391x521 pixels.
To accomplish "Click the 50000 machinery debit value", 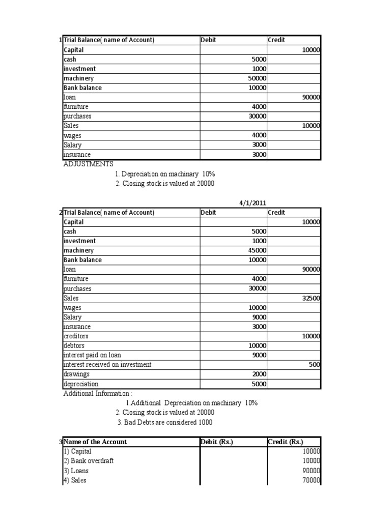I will click(x=257, y=78).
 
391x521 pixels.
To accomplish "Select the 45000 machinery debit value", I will click(x=257, y=250).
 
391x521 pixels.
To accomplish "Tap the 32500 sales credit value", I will click(x=311, y=298).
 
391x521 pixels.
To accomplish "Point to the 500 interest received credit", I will click(x=314, y=365).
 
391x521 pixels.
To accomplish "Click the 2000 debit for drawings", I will click(x=258, y=374).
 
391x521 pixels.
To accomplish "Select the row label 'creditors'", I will click(x=76, y=336).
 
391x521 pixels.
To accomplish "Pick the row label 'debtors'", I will click(x=74, y=346).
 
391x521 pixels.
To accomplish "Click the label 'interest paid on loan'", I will click(x=92, y=355).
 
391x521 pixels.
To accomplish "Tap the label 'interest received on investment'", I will click(x=107, y=365).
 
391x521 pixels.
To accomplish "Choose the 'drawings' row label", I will click(x=76, y=374).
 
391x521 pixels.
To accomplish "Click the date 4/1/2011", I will click(x=253, y=202).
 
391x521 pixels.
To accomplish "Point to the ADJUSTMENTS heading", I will click(x=89, y=164).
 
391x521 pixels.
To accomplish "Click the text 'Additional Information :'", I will click(x=97, y=393).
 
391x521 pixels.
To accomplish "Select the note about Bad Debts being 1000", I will click(x=165, y=422).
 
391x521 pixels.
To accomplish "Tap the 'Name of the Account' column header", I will click(x=95, y=442).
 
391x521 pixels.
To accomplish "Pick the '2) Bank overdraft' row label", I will click(x=89, y=461).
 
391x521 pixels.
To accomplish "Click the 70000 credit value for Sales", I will click(x=311, y=480).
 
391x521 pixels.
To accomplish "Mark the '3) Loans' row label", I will click(x=76, y=471).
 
